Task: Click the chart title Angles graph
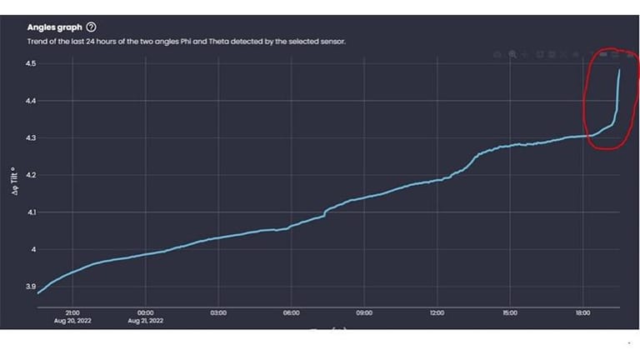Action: click(x=55, y=27)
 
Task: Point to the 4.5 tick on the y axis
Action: click(x=31, y=64)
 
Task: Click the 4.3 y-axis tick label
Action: click(x=31, y=138)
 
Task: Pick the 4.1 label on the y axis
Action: click(x=31, y=212)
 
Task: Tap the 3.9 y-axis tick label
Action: click(x=31, y=287)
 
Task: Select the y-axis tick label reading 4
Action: click(x=33, y=250)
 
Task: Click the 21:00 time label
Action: click(x=72, y=313)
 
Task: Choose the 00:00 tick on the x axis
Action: click(x=145, y=313)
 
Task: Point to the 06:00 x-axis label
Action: click(x=291, y=313)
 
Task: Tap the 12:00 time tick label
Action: click(x=437, y=313)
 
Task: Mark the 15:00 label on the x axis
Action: click(x=510, y=313)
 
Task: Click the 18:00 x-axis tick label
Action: click(x=582, y=313)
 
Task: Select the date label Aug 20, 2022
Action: click(x=72, y=321)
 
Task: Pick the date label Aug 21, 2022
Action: click(x=145, y=321)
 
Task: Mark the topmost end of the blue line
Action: click(x=619, y=70)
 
